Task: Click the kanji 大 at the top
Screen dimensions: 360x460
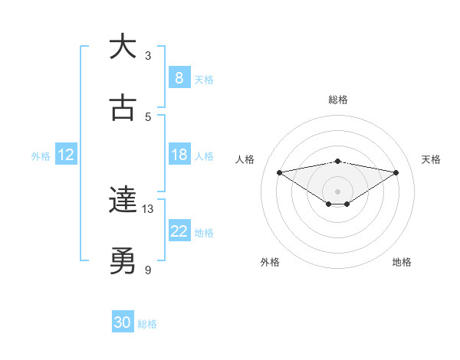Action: (123, 47)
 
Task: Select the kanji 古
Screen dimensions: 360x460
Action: (123, 107)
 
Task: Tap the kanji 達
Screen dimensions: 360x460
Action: (123, 201)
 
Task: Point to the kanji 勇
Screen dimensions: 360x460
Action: (123, 262)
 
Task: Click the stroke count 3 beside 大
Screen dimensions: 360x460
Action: (148, 56)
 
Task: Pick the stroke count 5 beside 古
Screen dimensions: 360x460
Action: (148, 116)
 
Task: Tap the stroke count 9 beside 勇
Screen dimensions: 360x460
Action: (148, 270)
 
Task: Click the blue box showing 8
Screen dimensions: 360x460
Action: (179, 77)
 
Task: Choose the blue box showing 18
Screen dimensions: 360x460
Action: (179, 155)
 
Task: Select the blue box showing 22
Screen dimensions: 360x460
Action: (179, 231)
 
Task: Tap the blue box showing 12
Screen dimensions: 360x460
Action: (65, 155)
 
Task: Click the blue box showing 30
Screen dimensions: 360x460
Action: (123, 322)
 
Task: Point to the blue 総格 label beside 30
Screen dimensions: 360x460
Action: (147, 324)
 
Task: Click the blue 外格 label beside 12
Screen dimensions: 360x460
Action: (41, 155)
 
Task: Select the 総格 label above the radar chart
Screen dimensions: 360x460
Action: (338, 100)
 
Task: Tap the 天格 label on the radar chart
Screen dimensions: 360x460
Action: (431, 159)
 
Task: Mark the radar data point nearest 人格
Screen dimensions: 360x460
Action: (279, 172)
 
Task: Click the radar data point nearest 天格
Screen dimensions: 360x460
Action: (396, 172)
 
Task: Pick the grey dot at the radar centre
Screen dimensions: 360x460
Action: (338, 191)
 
